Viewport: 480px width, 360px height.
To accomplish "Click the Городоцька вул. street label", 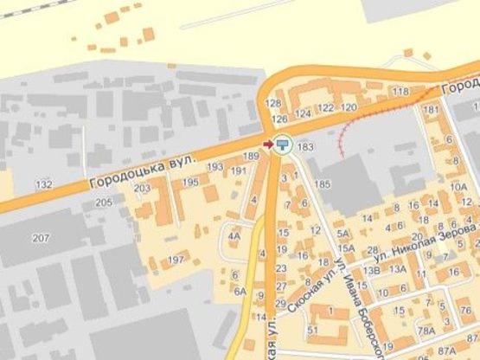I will click(143, 171).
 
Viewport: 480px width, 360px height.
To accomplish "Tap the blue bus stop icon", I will click(284, 144).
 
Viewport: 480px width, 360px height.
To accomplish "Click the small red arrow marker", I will click(267, 144).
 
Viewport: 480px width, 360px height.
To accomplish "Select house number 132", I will click(44, 184).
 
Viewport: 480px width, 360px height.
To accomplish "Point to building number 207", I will click(41, 237).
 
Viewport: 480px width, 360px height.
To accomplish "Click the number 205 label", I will click(104, 202).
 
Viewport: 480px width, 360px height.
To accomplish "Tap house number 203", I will click(143, 188).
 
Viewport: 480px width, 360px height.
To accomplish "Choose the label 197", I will click(176, 260).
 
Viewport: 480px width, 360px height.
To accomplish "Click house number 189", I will click(252, 156).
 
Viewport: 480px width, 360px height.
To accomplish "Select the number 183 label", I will click(304, 147).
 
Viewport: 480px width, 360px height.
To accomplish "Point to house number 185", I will click(323, 184).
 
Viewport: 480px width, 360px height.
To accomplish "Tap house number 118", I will click(399, 92).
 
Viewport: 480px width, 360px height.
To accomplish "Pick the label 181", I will click(431, 110).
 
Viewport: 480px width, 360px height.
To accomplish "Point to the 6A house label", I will click(239, 291).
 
